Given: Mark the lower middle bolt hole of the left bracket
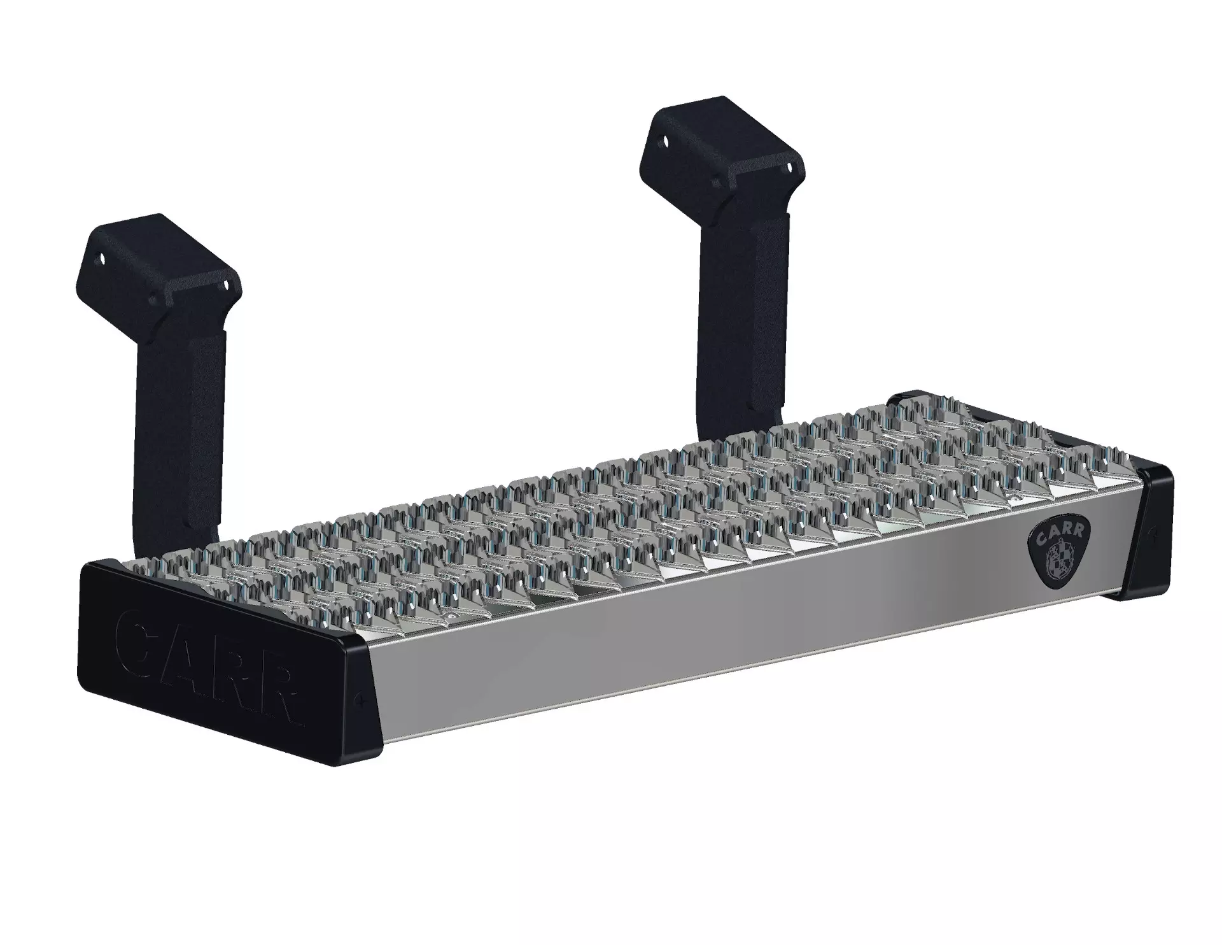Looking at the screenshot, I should pos(153,299).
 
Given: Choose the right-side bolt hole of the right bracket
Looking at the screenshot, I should pos(790,167).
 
